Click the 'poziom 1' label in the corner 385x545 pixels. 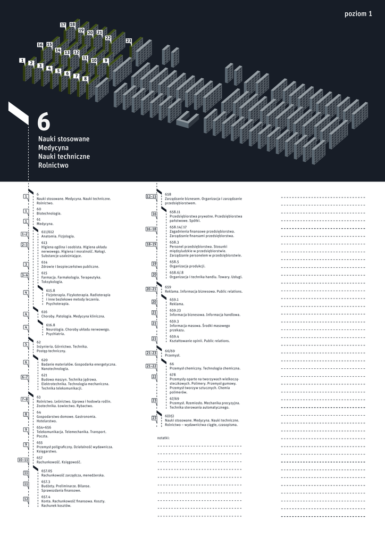[x=358, y=14]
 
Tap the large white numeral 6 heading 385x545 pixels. [x=44, y=122]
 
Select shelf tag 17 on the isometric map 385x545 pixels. [x=63, y=25]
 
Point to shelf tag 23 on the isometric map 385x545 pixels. [x=129, y=40]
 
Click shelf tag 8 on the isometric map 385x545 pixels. [x=85, y=79]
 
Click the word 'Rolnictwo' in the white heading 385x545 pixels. [x=53, y=166]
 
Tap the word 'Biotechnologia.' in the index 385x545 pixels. [x=49, y=213]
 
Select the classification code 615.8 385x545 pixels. [x=51, y=291]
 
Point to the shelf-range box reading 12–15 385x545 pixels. [x=151, y=196]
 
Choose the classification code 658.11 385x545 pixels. [x=175, y=212]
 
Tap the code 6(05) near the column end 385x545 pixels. [x=170, y=416]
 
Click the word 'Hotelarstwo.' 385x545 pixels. [x=47, y=421]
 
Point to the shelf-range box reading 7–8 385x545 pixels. [x=25, y=399]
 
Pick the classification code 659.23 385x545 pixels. [x=175, y=310]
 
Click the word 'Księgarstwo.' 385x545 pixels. [x=47, y=451]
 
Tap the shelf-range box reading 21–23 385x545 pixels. [x=151, y=353]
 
